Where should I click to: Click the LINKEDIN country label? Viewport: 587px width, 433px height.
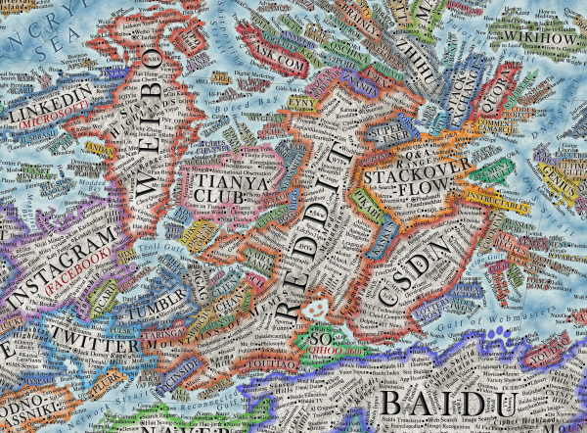point(51,101)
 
